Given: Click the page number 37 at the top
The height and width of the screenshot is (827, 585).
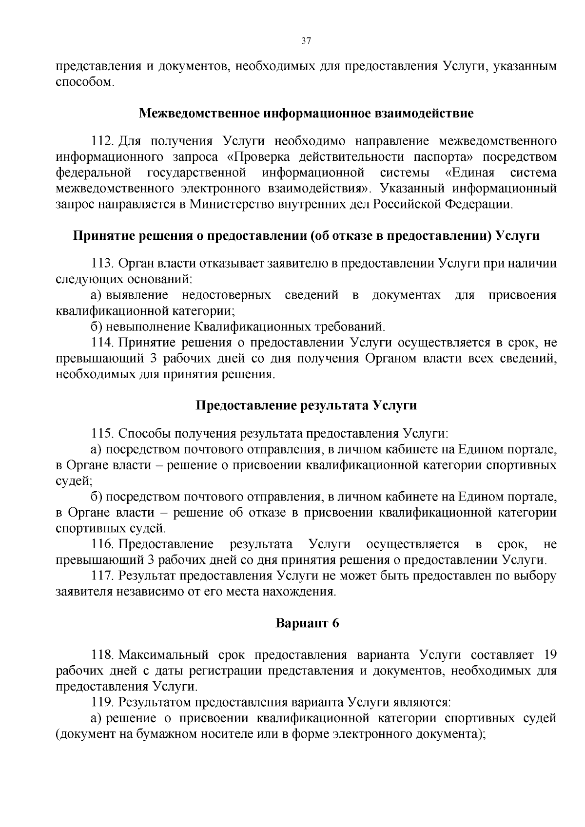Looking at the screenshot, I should (306, 41).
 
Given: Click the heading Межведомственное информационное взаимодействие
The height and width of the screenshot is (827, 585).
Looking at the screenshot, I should (306, 114).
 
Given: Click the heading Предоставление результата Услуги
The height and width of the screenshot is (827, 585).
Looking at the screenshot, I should (306, 405).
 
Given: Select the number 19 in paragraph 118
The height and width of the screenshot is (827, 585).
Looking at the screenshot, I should (549, 654).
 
